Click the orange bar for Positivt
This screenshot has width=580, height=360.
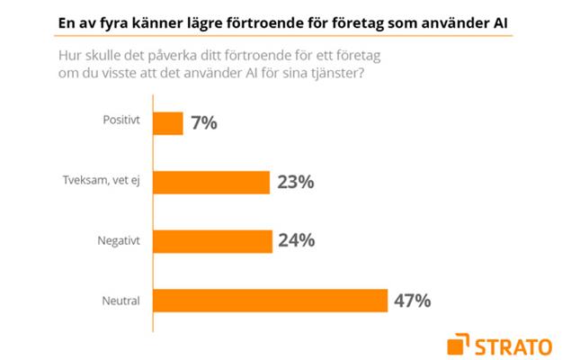click(168, 123)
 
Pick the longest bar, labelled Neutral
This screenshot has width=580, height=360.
click(271, 300)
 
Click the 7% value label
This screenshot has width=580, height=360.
click(203, 123)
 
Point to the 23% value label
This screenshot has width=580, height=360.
click(295, 183)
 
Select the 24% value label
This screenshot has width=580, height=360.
click(296, 241)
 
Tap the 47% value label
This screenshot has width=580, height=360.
click(412, 300)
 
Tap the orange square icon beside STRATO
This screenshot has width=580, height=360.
click(458, 343)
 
